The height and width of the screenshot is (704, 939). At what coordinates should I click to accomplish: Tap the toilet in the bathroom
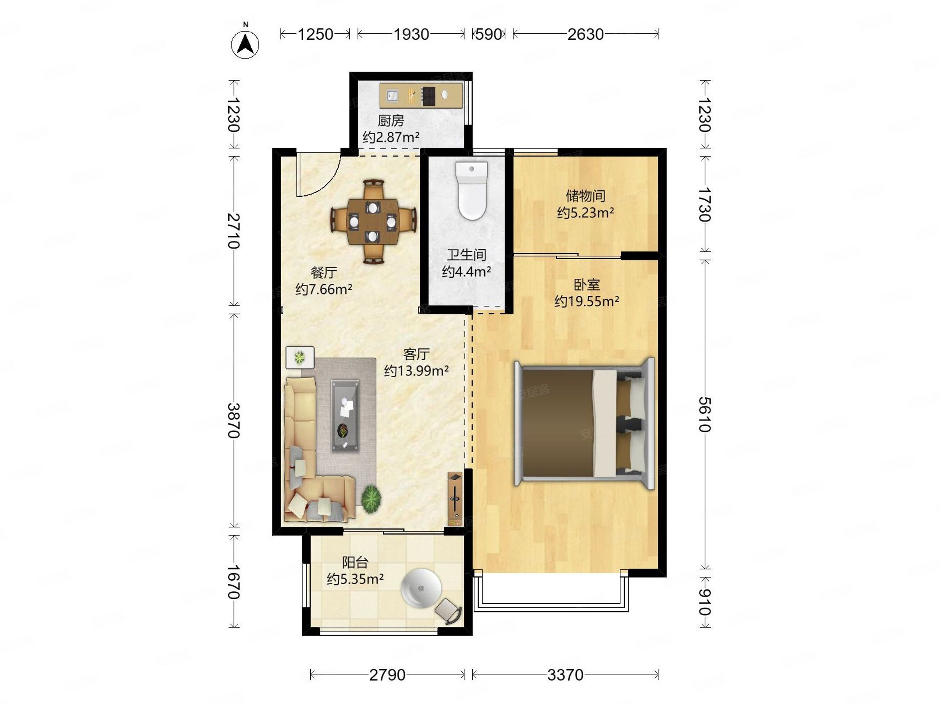coord(471,190)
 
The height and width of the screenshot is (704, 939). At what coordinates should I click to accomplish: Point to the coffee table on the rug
coord(345,416)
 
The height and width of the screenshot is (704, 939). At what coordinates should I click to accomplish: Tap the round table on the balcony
coord(421,589)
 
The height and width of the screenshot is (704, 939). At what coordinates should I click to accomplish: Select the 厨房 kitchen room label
coord(390,121)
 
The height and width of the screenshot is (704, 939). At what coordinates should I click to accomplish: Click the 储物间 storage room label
coord(585,196)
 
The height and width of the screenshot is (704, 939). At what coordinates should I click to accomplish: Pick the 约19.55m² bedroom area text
coord(586,301)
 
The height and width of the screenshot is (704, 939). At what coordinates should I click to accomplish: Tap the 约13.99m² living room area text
coord(416,370)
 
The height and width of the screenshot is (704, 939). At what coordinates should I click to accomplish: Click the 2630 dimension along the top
coord(585,34)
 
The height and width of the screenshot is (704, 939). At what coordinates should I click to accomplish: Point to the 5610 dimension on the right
coord(705,414)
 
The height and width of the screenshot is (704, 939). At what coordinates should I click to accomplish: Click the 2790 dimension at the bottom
coord(387,675)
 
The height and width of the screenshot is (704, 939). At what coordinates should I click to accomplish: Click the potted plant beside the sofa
coord(371,499)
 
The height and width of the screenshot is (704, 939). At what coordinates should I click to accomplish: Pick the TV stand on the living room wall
coord(455,499)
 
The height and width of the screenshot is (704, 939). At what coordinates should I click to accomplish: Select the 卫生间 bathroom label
coord(466,255)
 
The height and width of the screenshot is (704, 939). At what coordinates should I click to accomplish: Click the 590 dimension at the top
coord(489,34)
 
